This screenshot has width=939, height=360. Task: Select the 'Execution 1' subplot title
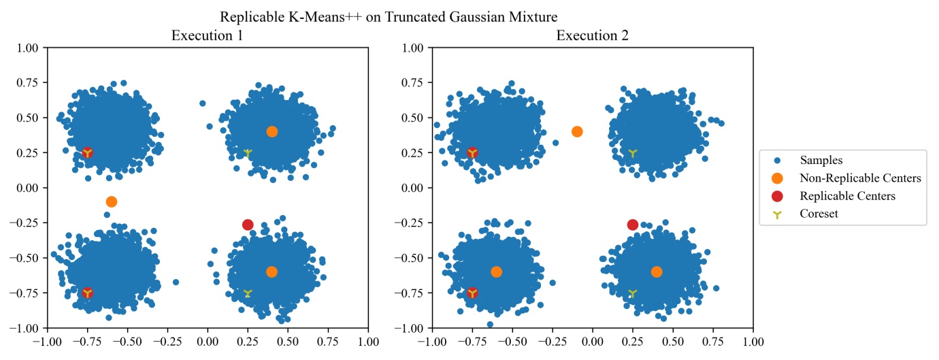click(208, 35)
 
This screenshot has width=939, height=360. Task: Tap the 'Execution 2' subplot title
click(593, 35)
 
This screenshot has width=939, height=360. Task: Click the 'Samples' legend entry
click(821, 161)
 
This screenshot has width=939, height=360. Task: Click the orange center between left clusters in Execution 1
click(112, 201)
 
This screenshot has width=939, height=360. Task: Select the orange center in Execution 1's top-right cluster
click(272, 131)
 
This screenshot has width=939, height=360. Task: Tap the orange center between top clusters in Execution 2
click(577, 131)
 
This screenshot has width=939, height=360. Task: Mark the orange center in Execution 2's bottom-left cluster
click(497, 272)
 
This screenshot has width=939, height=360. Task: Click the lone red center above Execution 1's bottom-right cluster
click(248, 225)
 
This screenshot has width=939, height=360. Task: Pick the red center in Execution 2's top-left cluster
click(472, 153)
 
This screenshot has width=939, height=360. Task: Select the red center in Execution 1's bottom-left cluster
click(87, 293)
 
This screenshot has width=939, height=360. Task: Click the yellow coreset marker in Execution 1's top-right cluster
click(248, 153)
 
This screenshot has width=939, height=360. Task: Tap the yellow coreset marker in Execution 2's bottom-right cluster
click(633, 293)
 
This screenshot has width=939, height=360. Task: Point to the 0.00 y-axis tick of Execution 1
click(31, 188)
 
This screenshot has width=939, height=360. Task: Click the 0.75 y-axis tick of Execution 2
click(416, 82)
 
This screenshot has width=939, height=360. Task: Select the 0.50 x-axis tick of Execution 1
click(288, 339)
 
